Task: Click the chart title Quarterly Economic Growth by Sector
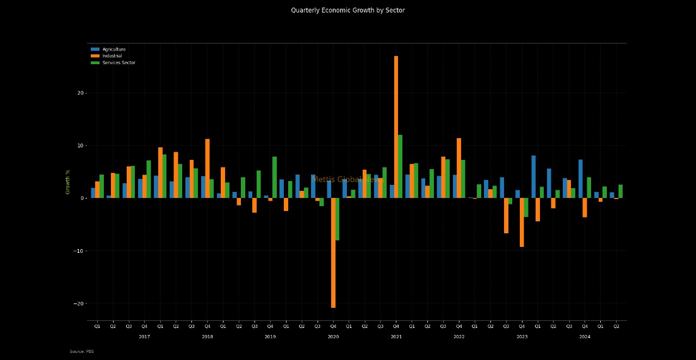click(347, 10)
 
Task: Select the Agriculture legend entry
click(114, 49)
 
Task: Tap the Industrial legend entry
click(112, 56)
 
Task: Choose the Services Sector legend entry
click(119, 63)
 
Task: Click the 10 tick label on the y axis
click(80, 146)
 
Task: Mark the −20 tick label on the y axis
click(78, 303)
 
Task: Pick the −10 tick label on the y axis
click(78, 251)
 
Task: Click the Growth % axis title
click(68, 182)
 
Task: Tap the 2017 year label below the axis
click(144, 337)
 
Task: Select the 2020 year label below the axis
click(333, 337)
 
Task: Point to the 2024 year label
click(585, 337)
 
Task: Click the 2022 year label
click(459, 337)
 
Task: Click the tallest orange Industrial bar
click(396, 127)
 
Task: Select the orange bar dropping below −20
click(333, 253)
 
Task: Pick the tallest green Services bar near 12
click(400, 166)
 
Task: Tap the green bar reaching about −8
click(337, 219)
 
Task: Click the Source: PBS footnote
click(82, 352)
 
